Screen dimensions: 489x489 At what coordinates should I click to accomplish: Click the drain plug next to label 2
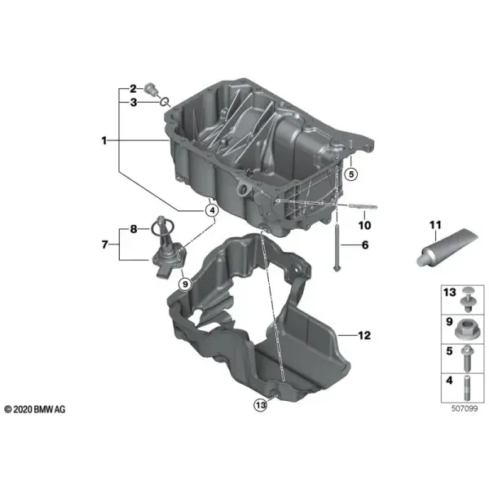pos(151,90)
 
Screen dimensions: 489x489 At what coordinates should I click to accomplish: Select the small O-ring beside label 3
pos(165,101)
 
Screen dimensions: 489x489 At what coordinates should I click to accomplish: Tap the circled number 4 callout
pos(212,211)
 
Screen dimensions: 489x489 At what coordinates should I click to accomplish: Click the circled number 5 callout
pos(351,174)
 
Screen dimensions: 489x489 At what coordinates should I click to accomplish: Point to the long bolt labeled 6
pos(337,246)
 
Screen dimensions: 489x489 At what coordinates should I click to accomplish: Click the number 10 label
pos(364,225)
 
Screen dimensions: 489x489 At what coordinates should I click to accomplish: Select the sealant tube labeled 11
pos(447,249)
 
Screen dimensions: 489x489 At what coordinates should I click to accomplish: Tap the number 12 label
pos(364,335)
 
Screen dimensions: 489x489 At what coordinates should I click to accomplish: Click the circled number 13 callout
pos(260,405)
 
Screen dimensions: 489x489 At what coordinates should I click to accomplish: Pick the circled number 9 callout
pos(185,284)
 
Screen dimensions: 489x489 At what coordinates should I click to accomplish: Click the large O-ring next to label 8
pos(163,227)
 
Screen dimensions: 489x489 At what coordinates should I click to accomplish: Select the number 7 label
pos(105,244)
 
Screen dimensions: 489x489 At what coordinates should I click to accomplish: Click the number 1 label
pos(104,141)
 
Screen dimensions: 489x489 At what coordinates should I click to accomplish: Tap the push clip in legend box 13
pos(468,299)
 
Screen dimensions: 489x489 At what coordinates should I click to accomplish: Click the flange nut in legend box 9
pos(466,330)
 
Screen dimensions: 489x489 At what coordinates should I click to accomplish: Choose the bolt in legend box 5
pos(467,359)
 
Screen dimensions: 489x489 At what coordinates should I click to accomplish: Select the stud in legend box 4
pos(467,388)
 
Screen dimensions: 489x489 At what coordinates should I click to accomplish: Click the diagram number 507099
pos(465,408)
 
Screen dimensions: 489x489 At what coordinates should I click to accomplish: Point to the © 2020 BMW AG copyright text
pos(35,409)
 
